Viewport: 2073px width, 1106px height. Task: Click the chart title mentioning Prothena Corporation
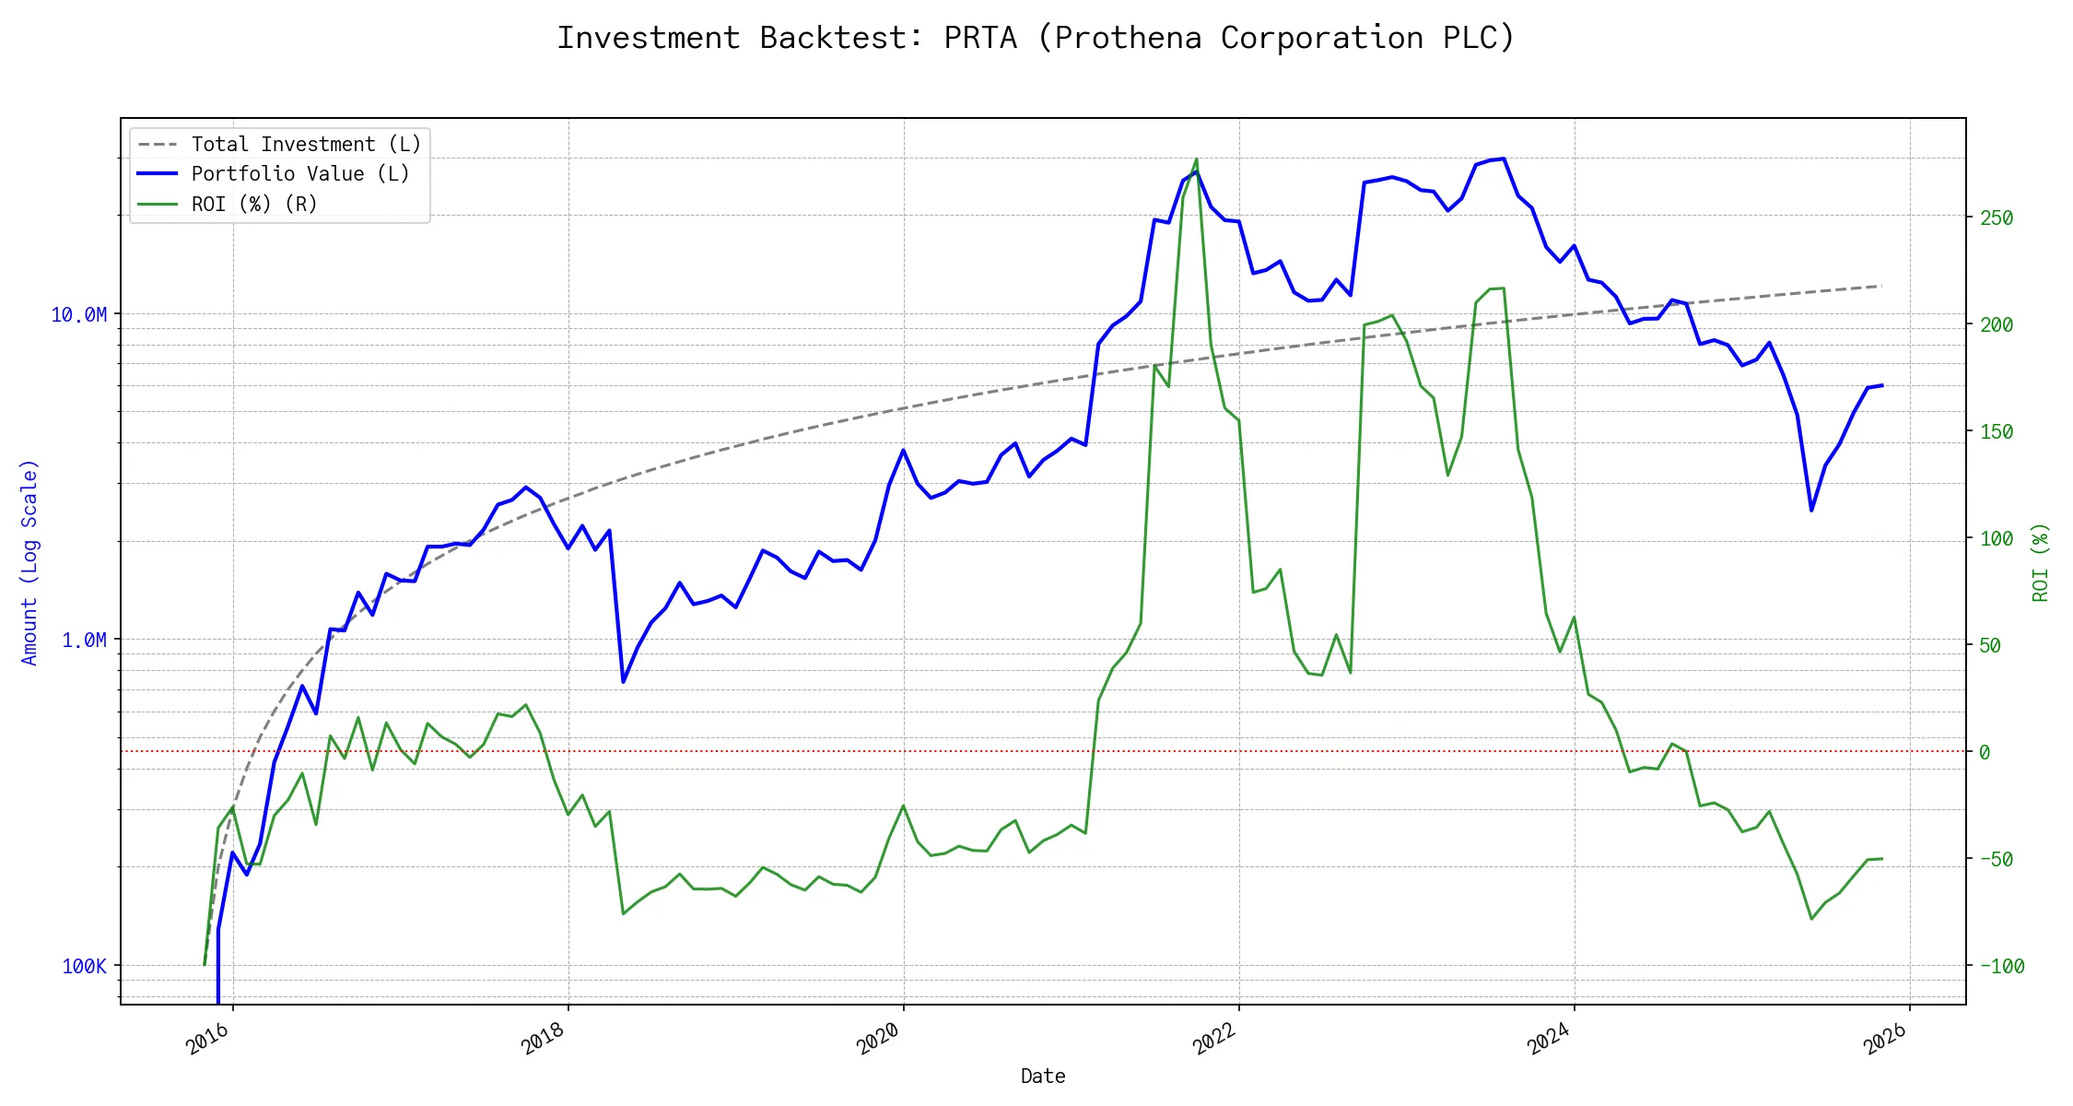pos(1036,38)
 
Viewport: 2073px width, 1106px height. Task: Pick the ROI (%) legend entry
pos(253,205)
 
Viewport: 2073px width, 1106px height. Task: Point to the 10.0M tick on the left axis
pos(78,315)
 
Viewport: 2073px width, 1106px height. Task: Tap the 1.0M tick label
pos(84,641)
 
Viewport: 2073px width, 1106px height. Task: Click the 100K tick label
pos(84,966)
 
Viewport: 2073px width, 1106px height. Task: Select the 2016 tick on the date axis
pos(208,1040)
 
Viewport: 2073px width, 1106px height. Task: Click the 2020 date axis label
pos(879,1040)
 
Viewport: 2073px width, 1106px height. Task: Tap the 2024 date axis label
pos(1550,1040)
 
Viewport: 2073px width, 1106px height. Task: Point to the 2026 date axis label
pos(1885,1040)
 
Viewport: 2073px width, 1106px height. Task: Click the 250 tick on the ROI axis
pos(1997,218)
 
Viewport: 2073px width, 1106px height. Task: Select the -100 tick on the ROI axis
pos(2002,967)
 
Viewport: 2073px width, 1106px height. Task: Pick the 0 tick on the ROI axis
pos(1985,753)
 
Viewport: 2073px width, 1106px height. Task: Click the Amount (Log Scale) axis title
pos(29,562)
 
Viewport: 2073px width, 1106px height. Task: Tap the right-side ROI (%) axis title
pos(2042,562)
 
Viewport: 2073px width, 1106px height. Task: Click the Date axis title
pos(1043,1077)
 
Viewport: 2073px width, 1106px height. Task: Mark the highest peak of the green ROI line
pos(1197,159)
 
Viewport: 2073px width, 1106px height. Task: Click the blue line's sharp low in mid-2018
pos(624,682)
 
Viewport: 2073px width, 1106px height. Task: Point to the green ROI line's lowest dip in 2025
pos(1811,919)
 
